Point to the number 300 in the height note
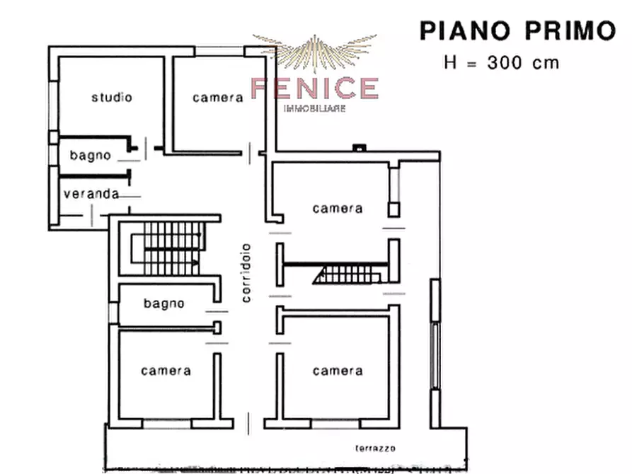pyautogui.click(x=507, y=62)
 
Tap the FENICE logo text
pyautogui.click(x=316, y=88)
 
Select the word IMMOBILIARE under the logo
pyautogui.click(x=315, y=108)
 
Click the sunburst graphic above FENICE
pyautogui.click(x=316, y=52)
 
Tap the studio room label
pyautogui.click(x=112, y=98)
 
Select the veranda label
pyautogui.click(x=91, y=194)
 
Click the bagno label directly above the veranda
pyautogui.click(x=90, y=156)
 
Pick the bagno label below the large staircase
pyautogui.click(x=164, y=304)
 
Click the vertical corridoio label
pyautogui.click(x=246, y=272)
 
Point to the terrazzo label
pyautogui.click(x=375, y=449)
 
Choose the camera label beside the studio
pyautogui.click(x=218, y=98)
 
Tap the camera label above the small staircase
pyautogui.click(x=338, y=209)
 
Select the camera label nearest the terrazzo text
pyautogui.click(x=338, y=371)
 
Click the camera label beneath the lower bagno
pyautogui.click(x=166, y=371)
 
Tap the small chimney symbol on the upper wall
pyautogui.click(x=360, y=148)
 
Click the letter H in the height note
pyautogui.click(x=450, y=62)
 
